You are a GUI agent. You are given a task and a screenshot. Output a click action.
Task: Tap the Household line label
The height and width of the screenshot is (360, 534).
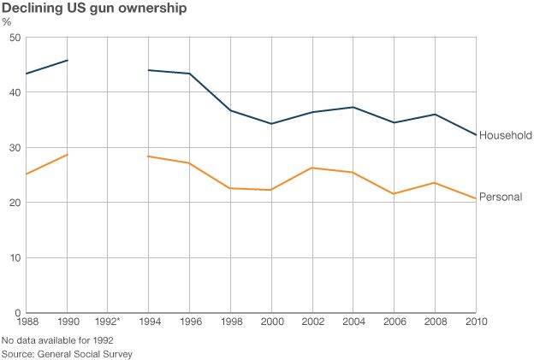click(x=506, y=135)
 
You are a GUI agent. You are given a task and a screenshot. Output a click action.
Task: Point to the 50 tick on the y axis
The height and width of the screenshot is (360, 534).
click(x=15, y=38)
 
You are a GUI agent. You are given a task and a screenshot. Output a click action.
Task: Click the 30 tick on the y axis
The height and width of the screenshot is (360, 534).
click(x=15, y=148)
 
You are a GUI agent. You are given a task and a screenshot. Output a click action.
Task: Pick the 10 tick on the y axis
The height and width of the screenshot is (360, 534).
click(x=15, y=257)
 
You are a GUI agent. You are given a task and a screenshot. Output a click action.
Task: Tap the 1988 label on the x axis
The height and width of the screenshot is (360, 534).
click(x=27, y=322)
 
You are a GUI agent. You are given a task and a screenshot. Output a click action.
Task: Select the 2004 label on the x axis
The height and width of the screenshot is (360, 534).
click(x=353, y=322)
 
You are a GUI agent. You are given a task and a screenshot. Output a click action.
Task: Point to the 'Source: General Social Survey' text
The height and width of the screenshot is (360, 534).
click(x=68, y=353)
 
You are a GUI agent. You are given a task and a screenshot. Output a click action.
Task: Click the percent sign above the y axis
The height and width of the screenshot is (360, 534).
click(x=7, y=22)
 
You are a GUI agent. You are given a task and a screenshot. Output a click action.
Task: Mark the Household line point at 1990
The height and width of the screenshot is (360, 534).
click(x=68, y=61)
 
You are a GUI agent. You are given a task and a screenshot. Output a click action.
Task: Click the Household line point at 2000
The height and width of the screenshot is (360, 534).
click(x=271, y=124)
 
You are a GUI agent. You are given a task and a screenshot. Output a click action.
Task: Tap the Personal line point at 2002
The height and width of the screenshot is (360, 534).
click(x=312, y=168)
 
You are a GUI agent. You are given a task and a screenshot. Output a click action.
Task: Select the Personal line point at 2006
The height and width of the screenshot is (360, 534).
click(x=394, y=194)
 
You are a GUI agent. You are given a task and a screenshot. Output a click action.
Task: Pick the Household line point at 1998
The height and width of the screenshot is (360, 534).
click(x=231, y=110)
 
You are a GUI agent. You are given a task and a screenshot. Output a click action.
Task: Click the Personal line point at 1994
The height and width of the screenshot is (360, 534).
click(x=149, y=156)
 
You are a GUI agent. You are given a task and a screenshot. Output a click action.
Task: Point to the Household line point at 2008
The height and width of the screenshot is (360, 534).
click(x=435, y=115)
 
